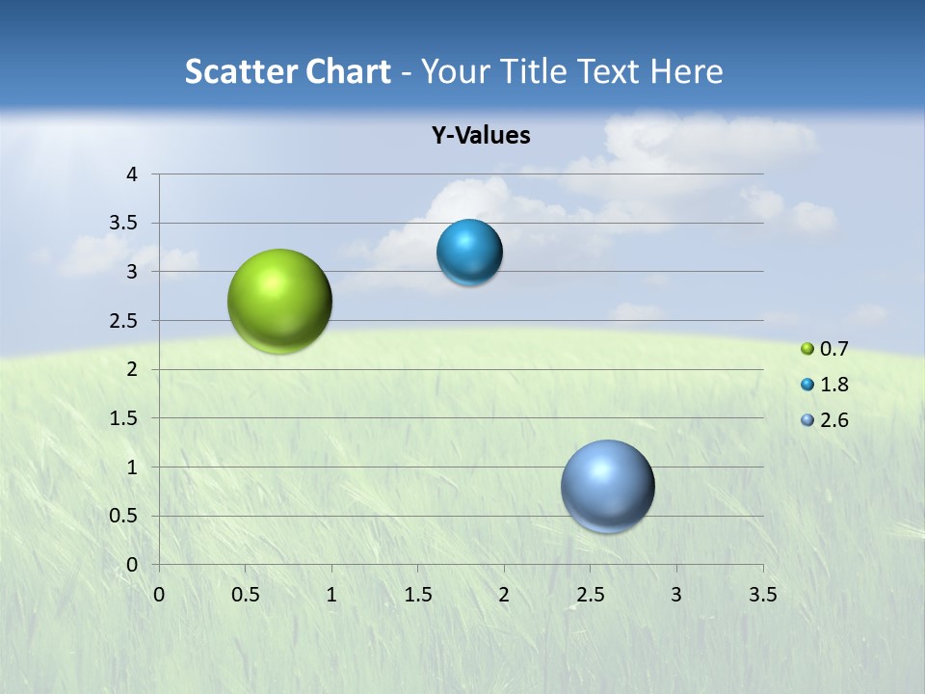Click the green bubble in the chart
click(279, 301)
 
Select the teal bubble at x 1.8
click(469, 253)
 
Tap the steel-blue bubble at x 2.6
click(607, 486)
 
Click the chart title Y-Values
click(481, 136)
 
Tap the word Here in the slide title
click(686, 71)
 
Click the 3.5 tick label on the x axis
click(762, 595)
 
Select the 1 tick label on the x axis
click(331, 595)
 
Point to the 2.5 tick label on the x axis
click(590, 595)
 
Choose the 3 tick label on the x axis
click(676, 595)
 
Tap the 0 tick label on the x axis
click(159, 595)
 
